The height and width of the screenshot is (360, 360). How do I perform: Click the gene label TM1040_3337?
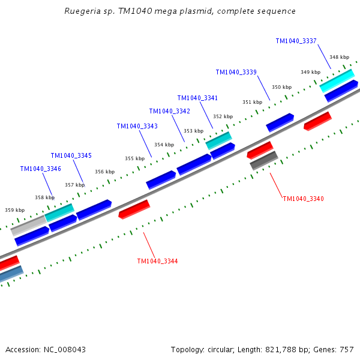[x=296, y=41]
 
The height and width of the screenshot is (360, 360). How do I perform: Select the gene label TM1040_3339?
[x=236, y=72]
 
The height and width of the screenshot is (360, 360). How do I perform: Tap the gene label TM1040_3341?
[x=197, y=98]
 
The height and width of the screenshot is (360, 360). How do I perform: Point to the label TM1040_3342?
[x=169, y=111]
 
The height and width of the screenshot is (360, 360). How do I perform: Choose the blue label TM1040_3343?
[x=137, y=126]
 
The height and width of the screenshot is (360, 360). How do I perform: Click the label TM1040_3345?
[x=71, y=155]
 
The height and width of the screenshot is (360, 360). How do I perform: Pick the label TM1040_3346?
[x=40, y=169]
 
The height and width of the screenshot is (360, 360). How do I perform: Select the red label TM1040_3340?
[x=303, y=199]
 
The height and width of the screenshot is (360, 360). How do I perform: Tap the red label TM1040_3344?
[x=157, y=261]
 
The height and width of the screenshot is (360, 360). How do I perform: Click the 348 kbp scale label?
[x=339, y=57]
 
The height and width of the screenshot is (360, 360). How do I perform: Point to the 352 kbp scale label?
[x=223, y=116]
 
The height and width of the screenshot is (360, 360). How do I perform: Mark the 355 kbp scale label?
[x=134, y=158]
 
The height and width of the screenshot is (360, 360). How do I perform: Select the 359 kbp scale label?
[x=14, y=210]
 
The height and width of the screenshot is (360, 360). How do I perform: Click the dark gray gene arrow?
[x=264, y=160]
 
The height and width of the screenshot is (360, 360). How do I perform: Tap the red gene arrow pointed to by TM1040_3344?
[x=134, y=209]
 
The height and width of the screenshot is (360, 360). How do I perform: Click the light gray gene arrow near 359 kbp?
[x=28, y=226]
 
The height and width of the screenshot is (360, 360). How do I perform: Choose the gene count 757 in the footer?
[x=347, y=349]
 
